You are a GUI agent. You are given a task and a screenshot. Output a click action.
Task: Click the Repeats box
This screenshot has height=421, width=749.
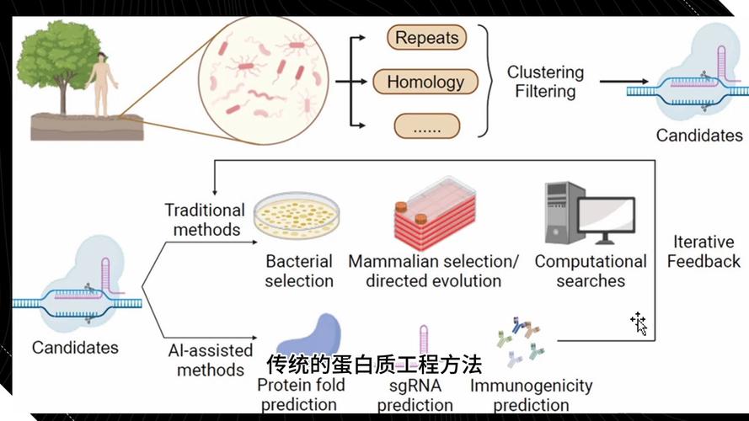coord(426,38)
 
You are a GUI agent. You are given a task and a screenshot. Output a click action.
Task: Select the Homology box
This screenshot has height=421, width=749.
coord(425,83)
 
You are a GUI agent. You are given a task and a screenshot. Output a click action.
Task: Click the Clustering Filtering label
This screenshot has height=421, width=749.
coord(545,82)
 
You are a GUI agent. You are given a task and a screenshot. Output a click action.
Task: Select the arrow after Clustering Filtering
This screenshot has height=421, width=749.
coord(629,83)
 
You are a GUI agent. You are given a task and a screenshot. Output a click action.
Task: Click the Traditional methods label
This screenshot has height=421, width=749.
coord(204,219)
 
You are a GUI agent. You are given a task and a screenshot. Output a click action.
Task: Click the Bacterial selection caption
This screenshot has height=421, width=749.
coord(299,271)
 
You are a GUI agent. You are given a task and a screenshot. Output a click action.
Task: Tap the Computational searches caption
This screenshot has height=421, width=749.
coord(591,271)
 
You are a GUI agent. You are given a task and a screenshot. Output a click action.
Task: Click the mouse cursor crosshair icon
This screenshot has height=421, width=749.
coord(638,322)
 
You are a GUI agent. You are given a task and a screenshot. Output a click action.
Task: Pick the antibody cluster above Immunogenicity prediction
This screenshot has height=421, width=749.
coord(517,341)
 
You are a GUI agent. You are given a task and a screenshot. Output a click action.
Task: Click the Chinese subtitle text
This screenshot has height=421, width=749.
coord(374,365)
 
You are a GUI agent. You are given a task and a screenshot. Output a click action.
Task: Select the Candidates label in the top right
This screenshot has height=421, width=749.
coord(699,135)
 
